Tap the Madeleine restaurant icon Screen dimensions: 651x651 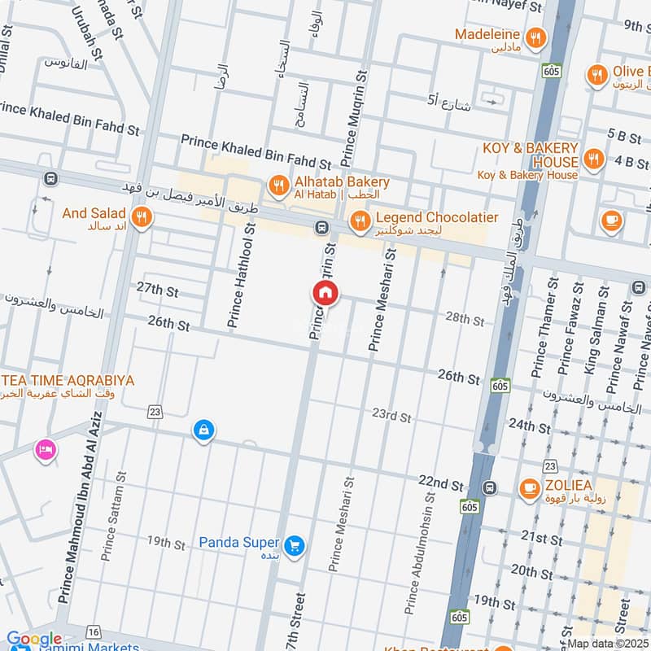coord(535,37)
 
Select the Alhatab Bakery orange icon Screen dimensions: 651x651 coord(279,186)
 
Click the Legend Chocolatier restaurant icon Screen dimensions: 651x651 coord(360,221)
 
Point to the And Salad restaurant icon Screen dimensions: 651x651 coord(142,217)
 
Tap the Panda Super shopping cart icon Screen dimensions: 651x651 coord(295,545)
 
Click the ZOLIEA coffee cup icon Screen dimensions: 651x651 coord(530,489)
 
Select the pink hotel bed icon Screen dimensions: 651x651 coord(45,449)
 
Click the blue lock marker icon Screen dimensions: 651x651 coord(203,430)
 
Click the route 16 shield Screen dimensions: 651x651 coord(94,632)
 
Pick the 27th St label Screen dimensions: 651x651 coord(157,290)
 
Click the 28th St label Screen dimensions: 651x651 coord(465,318)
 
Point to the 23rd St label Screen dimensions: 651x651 coord(391,417)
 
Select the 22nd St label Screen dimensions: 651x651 coord(441,483)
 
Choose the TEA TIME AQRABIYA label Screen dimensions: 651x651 coord(68,381)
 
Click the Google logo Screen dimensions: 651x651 coord(34,640)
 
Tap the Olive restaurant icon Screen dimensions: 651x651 coord(597,76)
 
